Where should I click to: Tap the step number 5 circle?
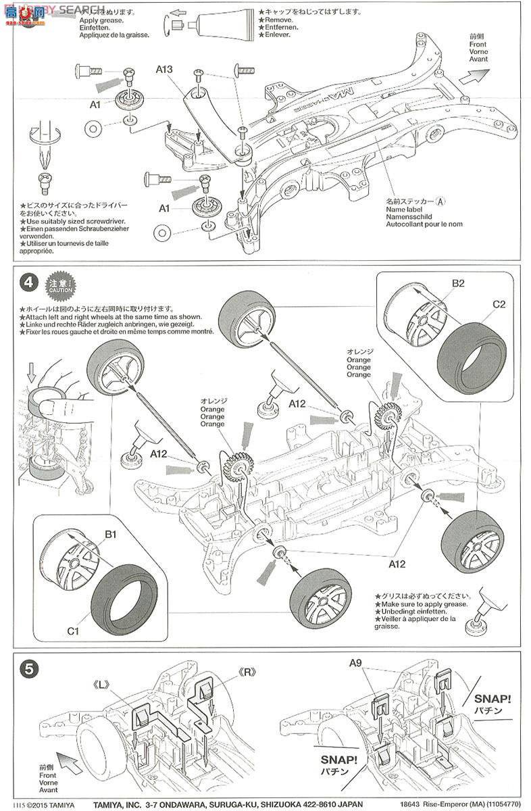pyautogui.click(x=28, y=669)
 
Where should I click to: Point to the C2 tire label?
pyautogui.click(x=499, y=304)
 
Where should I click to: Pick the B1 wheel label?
pyautogui.click(x=111, y=535)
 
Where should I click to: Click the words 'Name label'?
pyautogui.click(x=405, y=210)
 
